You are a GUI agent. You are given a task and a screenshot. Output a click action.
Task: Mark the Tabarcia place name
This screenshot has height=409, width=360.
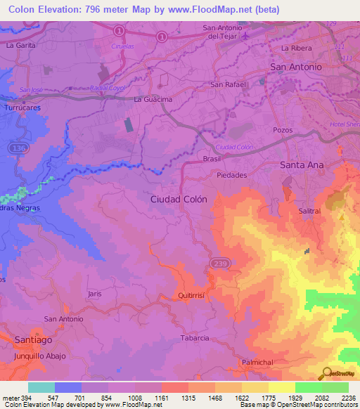(x=195, y=338)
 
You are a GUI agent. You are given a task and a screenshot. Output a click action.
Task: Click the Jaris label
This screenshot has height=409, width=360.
(x=97, y=293)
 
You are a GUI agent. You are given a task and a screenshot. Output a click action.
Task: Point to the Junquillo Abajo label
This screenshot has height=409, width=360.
(x=39, y=356)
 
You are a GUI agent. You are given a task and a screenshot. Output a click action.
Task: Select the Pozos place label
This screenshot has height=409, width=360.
(x=283, y=131)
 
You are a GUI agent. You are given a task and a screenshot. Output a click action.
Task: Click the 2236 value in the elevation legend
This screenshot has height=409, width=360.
(x=349, y=398)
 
